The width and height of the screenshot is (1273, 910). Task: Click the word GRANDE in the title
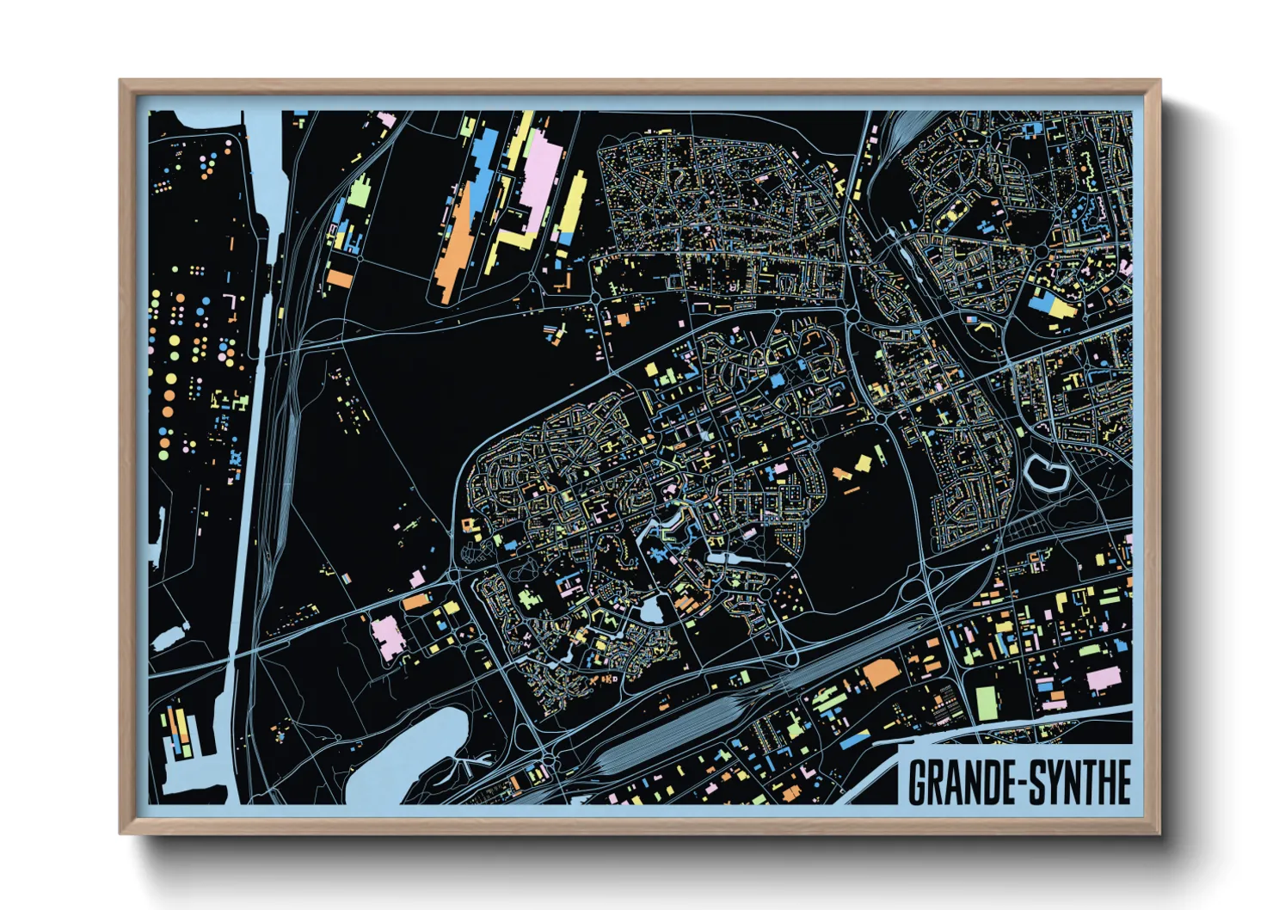(x=960, y=782)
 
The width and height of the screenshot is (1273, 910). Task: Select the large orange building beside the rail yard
(x=879, y=673)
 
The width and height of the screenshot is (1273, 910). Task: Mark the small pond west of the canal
(x=169, y=637)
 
